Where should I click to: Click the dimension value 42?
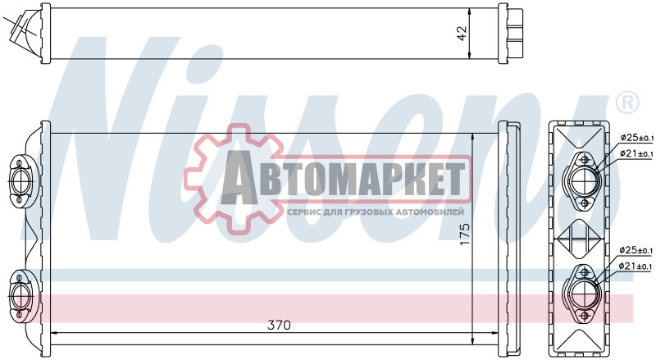pos(461,34)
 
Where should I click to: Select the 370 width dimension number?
pos(279,325)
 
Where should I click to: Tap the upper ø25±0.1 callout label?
pos(636,137)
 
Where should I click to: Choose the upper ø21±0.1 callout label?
pos(636,153)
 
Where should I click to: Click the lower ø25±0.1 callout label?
pos(636,249)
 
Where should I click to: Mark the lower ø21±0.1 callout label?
pos(636,266)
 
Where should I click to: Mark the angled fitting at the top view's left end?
pos(23,31)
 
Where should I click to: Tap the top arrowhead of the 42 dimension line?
pos(468,13)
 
